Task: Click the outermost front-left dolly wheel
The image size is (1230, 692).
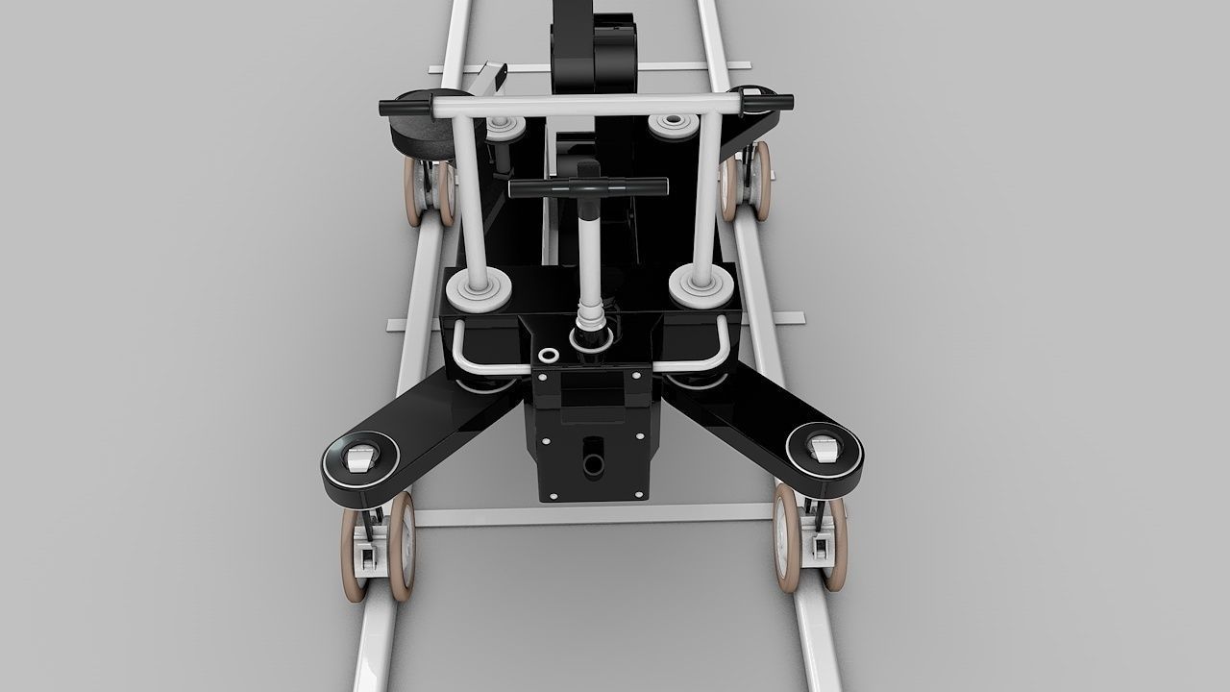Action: (353, 555)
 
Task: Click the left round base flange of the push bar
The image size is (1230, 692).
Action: (478, 287)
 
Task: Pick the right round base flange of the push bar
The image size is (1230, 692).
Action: (701, 285)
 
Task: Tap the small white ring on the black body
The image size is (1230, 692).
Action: (548, 356)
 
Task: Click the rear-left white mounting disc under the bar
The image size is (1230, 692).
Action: (504, 127)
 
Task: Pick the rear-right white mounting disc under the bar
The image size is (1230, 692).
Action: (673, 125)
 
